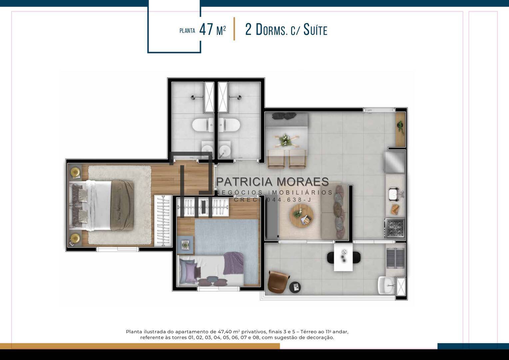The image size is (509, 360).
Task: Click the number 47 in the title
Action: [x=206, y=30]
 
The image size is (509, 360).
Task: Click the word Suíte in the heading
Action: [x=315, y=30]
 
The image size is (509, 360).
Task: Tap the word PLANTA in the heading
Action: [x=187, y=31]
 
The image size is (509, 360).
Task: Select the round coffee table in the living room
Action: [x=301, y=215]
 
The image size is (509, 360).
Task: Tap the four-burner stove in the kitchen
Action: [x=395, y=228]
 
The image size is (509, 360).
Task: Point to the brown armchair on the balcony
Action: [x=278, y=282]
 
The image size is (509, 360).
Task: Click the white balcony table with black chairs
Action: [x=343, y=257]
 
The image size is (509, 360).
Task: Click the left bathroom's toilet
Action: [x=203, y=125]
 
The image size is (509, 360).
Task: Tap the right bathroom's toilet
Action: [x=229, y=125]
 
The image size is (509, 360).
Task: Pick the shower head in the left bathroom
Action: [x=193, y=98]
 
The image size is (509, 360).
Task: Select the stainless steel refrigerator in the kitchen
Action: [x=395, y=162]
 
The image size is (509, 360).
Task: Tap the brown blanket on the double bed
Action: [x=122, y=205]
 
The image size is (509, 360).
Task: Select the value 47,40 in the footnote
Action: [x=225, y=332]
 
